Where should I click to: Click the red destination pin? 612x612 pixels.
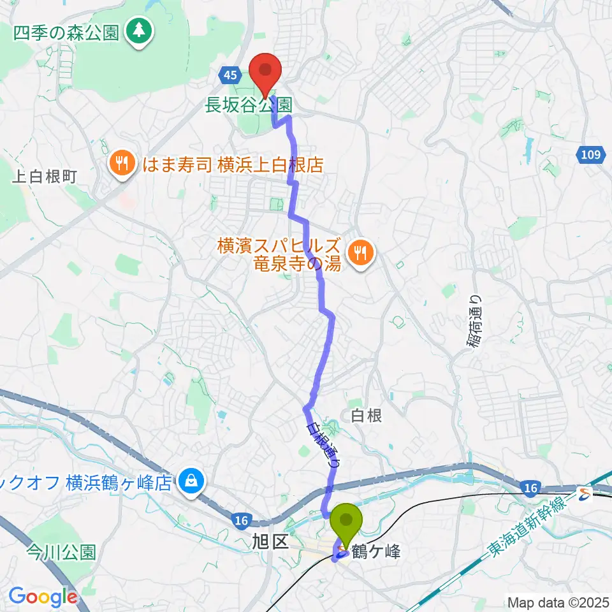coord(265,74)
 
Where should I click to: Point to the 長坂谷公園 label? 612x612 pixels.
coord(249,105)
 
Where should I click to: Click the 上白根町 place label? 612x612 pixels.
coord(45,177)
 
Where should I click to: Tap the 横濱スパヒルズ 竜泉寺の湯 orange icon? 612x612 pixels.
coord(361,254)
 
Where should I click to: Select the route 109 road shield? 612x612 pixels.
coord(592,154)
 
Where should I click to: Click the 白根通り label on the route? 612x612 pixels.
coord(323,446)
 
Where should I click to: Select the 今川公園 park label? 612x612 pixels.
coord(61,552)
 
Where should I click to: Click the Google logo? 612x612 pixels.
coord(43,597)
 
